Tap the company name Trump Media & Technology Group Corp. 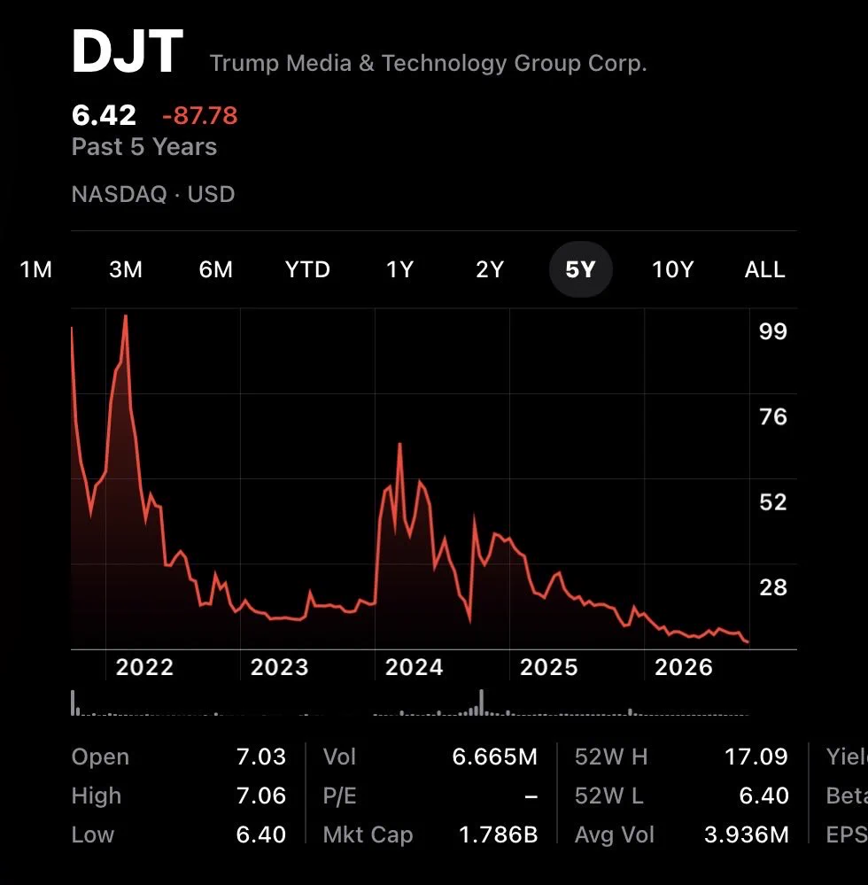pos(429,63)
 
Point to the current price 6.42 pos(104,115)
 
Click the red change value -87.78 pos(200,116)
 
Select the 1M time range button pos(36,269)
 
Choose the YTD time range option pos(307,269)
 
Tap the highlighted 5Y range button pos(581,269)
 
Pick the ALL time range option pos(764,269)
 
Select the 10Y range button pos(673,269)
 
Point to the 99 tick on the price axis pos(772,331)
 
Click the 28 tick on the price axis pos(772,587)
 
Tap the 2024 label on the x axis pos(415,667)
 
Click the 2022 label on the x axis pos(144,667)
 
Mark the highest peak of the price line pos(125,315)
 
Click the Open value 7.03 pos(260,757)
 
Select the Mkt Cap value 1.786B pos(499,835)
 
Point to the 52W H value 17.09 pos(756,757)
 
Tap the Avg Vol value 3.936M pos(746,835)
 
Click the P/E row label pos(340,796)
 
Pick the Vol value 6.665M pos(495,757)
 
